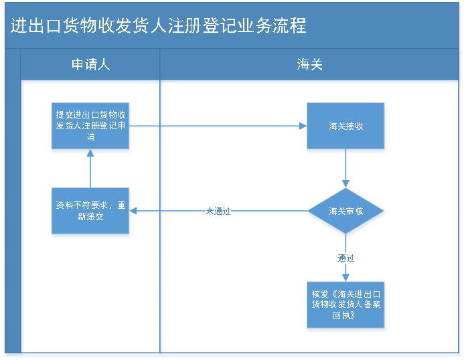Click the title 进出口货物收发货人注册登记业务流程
(158, 26)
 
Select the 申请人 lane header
(90, 64)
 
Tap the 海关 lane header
(309, 64)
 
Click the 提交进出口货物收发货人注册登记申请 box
(90, 127)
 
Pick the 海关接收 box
(345, 126)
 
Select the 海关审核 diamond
(345, 211)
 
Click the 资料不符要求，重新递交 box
(90, 211)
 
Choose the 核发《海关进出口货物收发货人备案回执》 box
(345, 305)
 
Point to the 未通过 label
(218, 211)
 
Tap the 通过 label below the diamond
(345, 258)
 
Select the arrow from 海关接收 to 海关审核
(345, 169)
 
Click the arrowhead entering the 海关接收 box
(302, 126)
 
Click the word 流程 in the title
(292, 26)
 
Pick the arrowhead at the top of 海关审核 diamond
(345, 183)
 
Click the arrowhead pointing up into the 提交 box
(90, 156)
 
